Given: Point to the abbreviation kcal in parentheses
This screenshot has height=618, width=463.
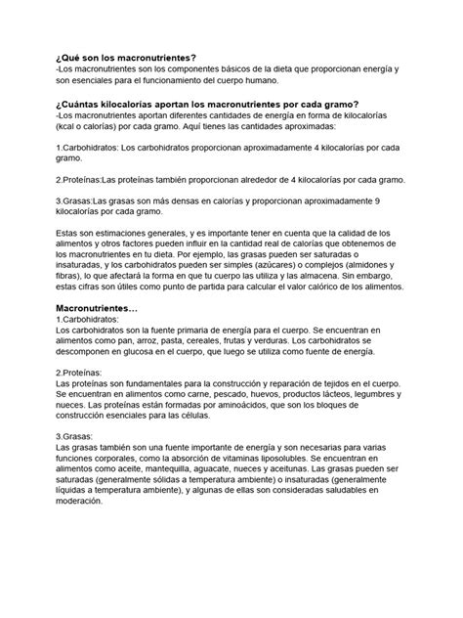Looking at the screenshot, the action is [x=66, y=128].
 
